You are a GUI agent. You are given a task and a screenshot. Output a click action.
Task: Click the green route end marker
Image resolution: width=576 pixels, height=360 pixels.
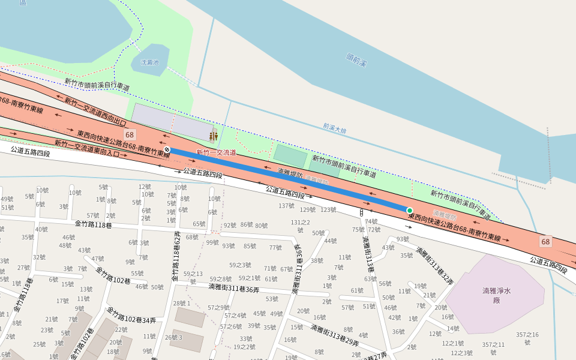point(410,211)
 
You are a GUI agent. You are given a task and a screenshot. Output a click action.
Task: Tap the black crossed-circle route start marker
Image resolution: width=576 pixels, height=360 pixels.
point(167,149)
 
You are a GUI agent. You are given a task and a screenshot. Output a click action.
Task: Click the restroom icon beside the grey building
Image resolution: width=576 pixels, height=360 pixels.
point(213,136)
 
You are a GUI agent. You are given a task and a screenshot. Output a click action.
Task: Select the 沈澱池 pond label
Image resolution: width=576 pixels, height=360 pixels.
point(150,62)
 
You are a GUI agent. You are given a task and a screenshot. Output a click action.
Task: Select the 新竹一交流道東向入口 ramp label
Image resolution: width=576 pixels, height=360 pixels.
point(86,148)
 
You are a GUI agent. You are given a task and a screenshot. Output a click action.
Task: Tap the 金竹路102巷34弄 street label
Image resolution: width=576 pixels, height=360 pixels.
point(131,316)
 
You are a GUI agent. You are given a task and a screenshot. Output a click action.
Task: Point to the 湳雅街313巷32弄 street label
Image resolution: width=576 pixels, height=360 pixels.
point(436,266)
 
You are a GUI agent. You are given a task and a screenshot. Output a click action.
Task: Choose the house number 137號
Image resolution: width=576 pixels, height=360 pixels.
point(286,206)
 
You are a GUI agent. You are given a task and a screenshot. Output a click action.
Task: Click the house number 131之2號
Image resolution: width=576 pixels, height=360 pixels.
point(300,226)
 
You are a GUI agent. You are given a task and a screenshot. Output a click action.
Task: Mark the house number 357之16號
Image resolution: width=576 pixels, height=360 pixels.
point(527,338)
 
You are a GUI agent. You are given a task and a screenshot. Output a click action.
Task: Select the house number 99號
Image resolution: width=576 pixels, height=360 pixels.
point(212,242)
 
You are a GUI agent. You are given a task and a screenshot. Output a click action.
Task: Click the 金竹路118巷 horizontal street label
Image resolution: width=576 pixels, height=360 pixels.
point(94,224)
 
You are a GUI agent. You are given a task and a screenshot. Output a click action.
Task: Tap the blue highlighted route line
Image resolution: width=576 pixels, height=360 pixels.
point(288,180)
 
